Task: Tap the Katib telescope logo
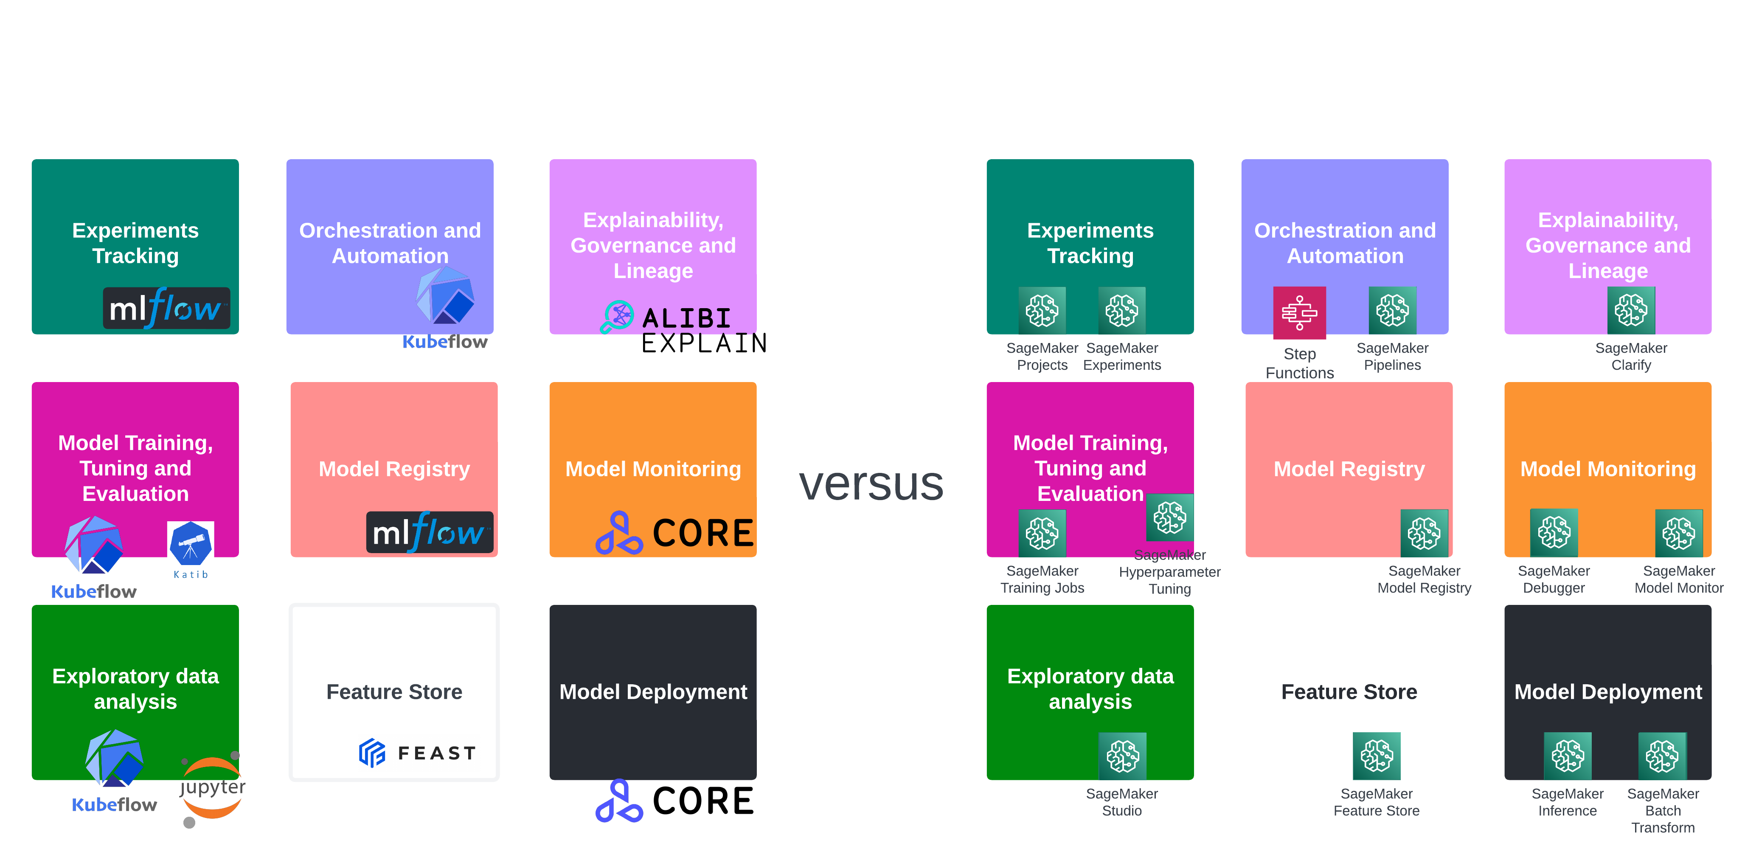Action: (x=191, y=553)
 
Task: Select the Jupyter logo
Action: (x=212, y=789)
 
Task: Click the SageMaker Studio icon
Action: (x=1122, y=756)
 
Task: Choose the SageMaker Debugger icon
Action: (x=1554, y=533)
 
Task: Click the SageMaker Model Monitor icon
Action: (x=1678, y=533)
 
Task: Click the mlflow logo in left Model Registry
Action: (x=429, y=532)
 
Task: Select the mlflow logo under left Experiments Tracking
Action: (x=166, y=309)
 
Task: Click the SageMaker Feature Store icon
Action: (x=1376, y=756)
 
